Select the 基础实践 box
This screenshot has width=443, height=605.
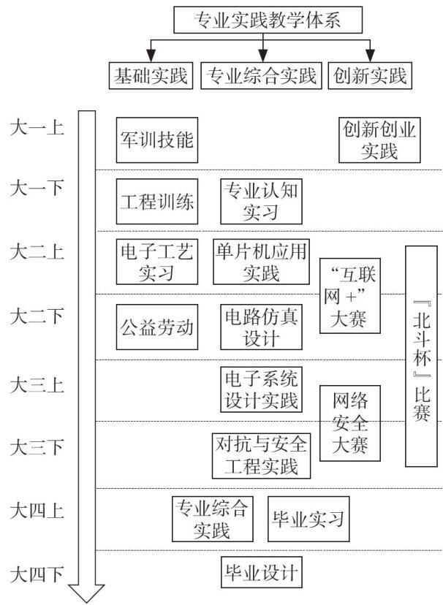[x=151, y=75]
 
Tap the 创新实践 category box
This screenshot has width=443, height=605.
[x=369, y=75]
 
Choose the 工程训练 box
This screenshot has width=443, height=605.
[x=157, y=202]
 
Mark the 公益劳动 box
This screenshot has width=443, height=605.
[x=157, y=327]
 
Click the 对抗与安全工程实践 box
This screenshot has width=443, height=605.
[x=261, y=454]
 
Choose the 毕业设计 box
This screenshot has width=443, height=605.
[x=261, y=571]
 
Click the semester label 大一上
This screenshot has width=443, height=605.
[x=37, y=129]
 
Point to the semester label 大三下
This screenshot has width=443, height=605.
[x=37, y=447]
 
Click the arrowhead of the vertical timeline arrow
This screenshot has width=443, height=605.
[x=87, y=593]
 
